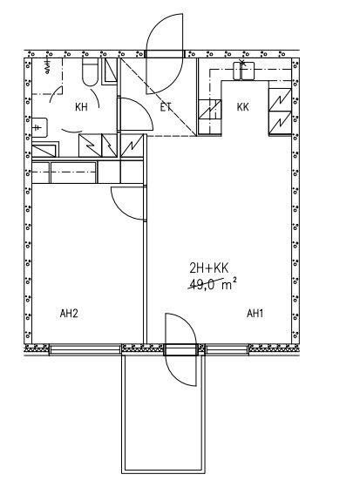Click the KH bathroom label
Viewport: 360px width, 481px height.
81,107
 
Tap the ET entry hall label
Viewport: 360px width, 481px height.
166,107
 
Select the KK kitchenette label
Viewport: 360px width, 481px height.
243,107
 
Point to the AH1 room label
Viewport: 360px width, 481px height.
255,314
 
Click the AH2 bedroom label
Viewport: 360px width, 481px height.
69,314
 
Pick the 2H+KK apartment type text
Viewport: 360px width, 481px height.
209,268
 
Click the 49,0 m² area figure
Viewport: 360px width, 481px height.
213,284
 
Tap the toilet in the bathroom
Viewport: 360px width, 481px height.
91,72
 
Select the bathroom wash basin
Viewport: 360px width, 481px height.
40,127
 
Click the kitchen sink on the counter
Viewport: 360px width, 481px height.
244,71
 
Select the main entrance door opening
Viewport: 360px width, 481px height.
165,54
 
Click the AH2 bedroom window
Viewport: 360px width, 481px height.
85,349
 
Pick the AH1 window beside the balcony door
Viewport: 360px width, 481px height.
227,349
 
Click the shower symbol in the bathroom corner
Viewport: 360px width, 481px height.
48,67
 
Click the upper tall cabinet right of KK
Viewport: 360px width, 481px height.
280,99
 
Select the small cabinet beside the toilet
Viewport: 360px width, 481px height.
110,71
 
